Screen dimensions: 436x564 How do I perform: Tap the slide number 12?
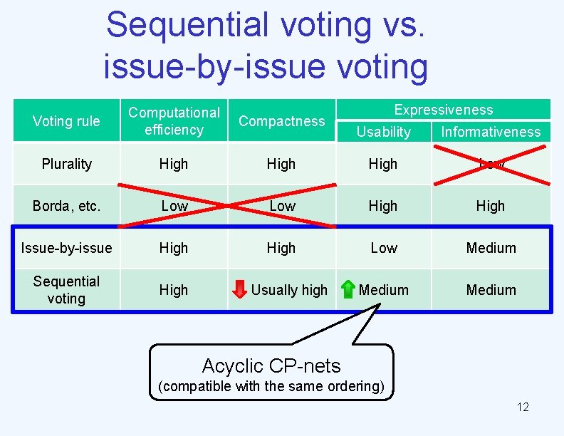[x=523, y=407]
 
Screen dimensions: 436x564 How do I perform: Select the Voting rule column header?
[x=66, y=121]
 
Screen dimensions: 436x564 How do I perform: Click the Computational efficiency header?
[x=174, y=121]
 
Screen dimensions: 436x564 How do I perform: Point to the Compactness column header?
[x=281, y=121]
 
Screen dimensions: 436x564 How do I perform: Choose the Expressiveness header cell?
[x=443, y=110]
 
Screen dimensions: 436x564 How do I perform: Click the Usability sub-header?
[x=383, y=132]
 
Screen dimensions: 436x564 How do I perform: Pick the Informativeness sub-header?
[x=491, y=132]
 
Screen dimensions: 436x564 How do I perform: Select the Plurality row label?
[x=66, y=164]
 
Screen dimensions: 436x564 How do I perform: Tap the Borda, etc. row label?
[x=66, y=206]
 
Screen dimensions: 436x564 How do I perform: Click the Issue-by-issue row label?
[x=66, y=248]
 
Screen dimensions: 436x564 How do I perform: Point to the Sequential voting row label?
[x=66, y=290]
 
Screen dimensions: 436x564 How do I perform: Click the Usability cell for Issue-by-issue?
[x=383, y=248]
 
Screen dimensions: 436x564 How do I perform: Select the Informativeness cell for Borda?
[x=491, y=206]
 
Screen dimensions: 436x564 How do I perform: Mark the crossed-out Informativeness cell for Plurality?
[x=491, y=164]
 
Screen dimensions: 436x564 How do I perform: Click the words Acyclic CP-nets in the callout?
[x=271, y=365]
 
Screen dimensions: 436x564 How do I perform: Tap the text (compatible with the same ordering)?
[x=271, y=386]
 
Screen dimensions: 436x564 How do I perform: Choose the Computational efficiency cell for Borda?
[x=174, y=206]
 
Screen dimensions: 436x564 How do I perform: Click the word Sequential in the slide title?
[x=187, y=25]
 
